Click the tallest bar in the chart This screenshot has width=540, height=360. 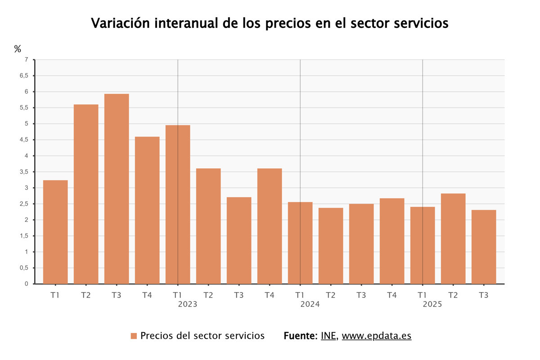pyautogui.click(x=117, y=189)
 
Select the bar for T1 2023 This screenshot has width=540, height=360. pyautogui.click(x=178, y=205)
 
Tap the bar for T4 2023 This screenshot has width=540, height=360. pyautogui.click(x=270, y=226)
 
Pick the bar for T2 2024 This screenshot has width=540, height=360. pyautogui.click(x=331, y=246)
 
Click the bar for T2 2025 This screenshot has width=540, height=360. pyautogui.click(x=453, y=238)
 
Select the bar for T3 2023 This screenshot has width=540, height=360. pyautogui.click(x=239, y=240)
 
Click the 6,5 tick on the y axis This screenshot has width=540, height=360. pyautogui.click(x=24, y=76)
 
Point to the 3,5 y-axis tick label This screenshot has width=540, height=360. pyautogui.click(x=24, y=172)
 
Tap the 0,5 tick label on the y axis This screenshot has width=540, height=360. pyautogui.click(x=24, y=268)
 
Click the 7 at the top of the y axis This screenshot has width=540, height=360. pyautogui.click(x=27, y=60)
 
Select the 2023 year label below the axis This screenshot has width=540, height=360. pyautogui.click(x=187, y=305)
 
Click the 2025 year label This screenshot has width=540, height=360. pyautogui.click(x=432, y=305)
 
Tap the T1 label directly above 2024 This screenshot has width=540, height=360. pyautogui.click(x=300, y=296)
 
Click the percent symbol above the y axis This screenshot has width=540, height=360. pyautogui.click(x=18, y=49)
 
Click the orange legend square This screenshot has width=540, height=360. pyautogui.click(x=133, y=336)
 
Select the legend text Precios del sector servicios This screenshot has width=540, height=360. pyautogui.click(x=202, y=336)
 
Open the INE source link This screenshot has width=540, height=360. pyautogui.click(x=328, y=336)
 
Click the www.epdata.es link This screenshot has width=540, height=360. pyautogui.click(x=376, y=336)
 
